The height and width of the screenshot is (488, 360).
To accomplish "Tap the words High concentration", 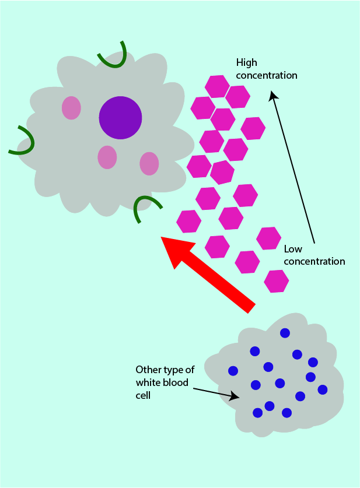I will click(267, 69).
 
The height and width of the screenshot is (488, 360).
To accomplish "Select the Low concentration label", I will click(314, 255).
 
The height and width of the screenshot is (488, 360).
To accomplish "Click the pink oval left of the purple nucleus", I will click(71, 108).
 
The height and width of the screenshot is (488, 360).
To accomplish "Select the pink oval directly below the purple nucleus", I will click(107, 157).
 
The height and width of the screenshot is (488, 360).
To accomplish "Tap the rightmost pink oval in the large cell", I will click(149, 164).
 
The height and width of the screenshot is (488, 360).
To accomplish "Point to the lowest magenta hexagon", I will click(276, 281).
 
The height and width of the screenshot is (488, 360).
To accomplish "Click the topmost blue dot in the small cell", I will click(285, 333).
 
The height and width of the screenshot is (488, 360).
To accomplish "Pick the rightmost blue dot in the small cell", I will click(323, 389).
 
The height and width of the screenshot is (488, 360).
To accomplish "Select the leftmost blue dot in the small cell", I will click(233, 370).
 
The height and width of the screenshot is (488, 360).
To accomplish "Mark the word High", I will click(246, 62).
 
